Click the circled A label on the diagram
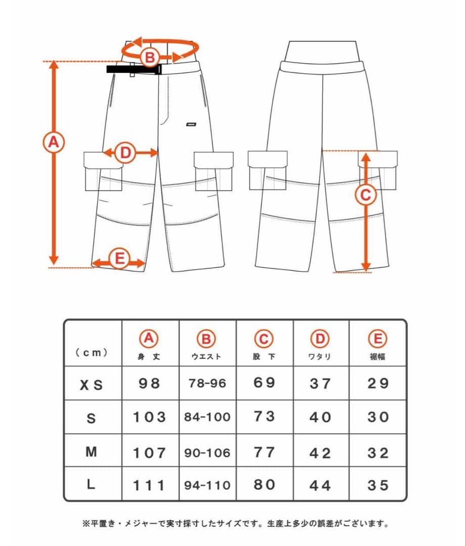(x=53, y=142)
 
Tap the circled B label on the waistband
(x=150, y=57)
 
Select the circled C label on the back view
(x=365, y=194)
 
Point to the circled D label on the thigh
(x=125, y=153)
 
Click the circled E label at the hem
(x=119, y=259)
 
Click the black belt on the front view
(x=134, y=69)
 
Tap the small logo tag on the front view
(x=191, y=124)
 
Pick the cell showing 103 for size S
(x=150, y=417)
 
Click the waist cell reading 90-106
(x=207, y=452)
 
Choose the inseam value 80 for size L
(x=264, y=484)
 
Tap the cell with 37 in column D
(x=320, y=383)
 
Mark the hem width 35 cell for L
(x=378, y=485)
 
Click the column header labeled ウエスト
(x=206, y=356)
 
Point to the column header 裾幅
(x=377, y=356)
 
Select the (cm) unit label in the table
(x=92, y=352)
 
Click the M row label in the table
(x=91, y=452)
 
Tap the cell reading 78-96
(x=207, y=383)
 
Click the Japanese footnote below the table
(x=235, y=523)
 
